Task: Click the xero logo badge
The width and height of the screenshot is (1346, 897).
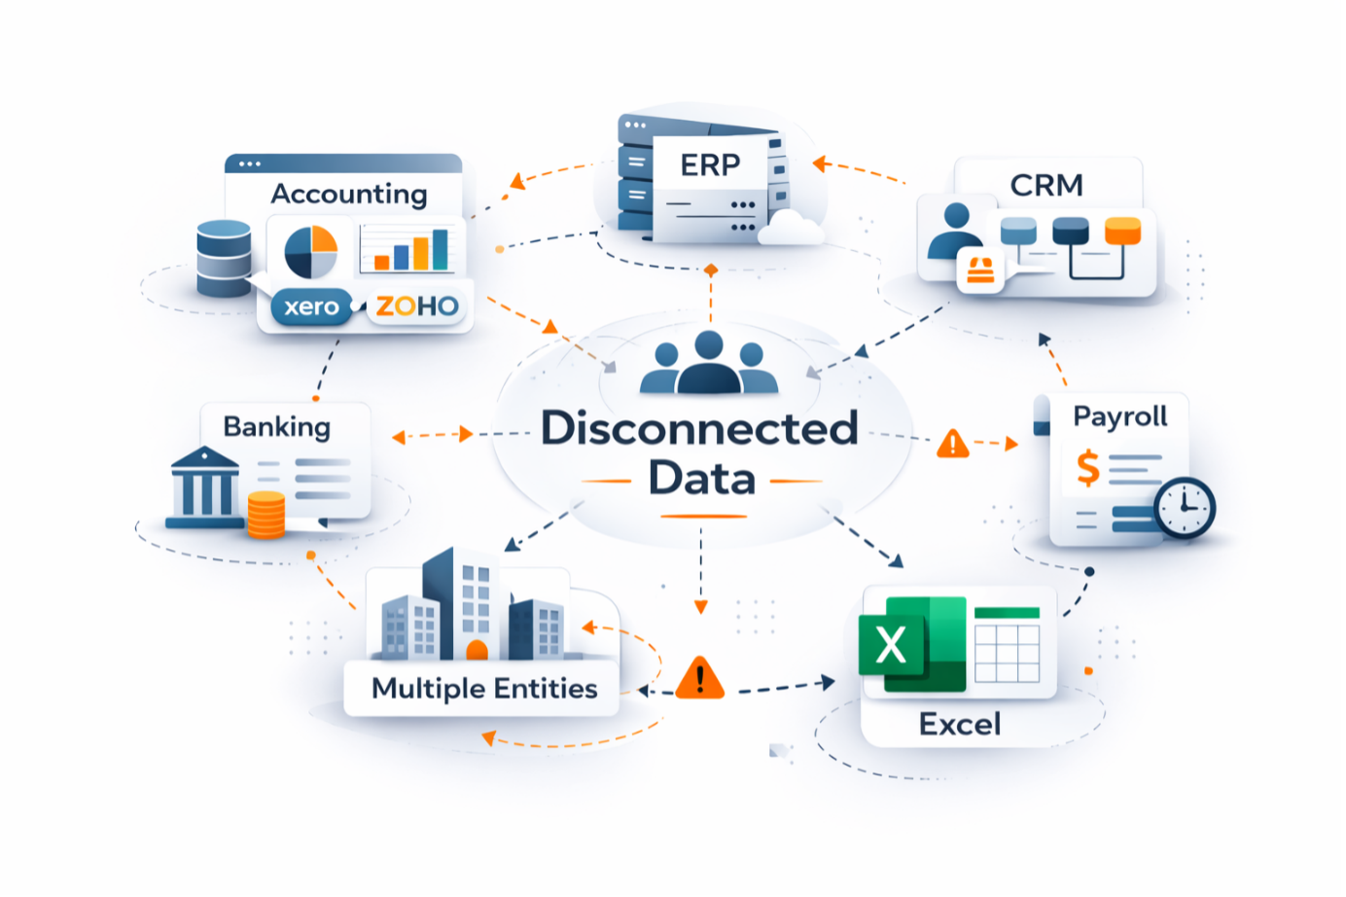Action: click(x=311, y=307)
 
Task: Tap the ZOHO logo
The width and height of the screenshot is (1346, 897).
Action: click(x=417, y=306)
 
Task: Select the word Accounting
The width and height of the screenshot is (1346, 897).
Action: click(x=348, y=195)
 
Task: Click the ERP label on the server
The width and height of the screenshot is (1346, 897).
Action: click(x=710, y=165)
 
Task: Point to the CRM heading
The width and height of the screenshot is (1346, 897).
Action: click(x=1046, y=185)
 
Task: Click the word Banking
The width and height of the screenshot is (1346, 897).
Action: click(x=277, y=427)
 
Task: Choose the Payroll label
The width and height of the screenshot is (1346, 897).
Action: click(x=1120, y=416)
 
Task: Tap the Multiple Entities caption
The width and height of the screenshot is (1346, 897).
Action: click(x=484, y=689)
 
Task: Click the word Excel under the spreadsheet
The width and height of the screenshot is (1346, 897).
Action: click(x=960, y=724)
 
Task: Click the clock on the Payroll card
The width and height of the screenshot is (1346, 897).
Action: click(x=1185, y=507)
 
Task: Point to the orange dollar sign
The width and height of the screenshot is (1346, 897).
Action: click(x=1088, y=468)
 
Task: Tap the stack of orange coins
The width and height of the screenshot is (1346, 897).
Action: click(x=266, y=515)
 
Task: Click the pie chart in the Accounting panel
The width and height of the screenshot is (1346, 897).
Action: click(x=311, y=251)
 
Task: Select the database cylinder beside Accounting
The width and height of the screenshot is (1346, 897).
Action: click(x=224, y=258)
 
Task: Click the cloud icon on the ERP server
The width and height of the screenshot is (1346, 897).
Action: click(x=791, y=229)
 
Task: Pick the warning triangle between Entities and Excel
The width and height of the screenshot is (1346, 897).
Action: click(x=699, y=678)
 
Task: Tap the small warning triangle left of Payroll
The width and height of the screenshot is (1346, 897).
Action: click(x=953, y=445)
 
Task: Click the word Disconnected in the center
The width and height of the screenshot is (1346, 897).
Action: click(x=699, y=428)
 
